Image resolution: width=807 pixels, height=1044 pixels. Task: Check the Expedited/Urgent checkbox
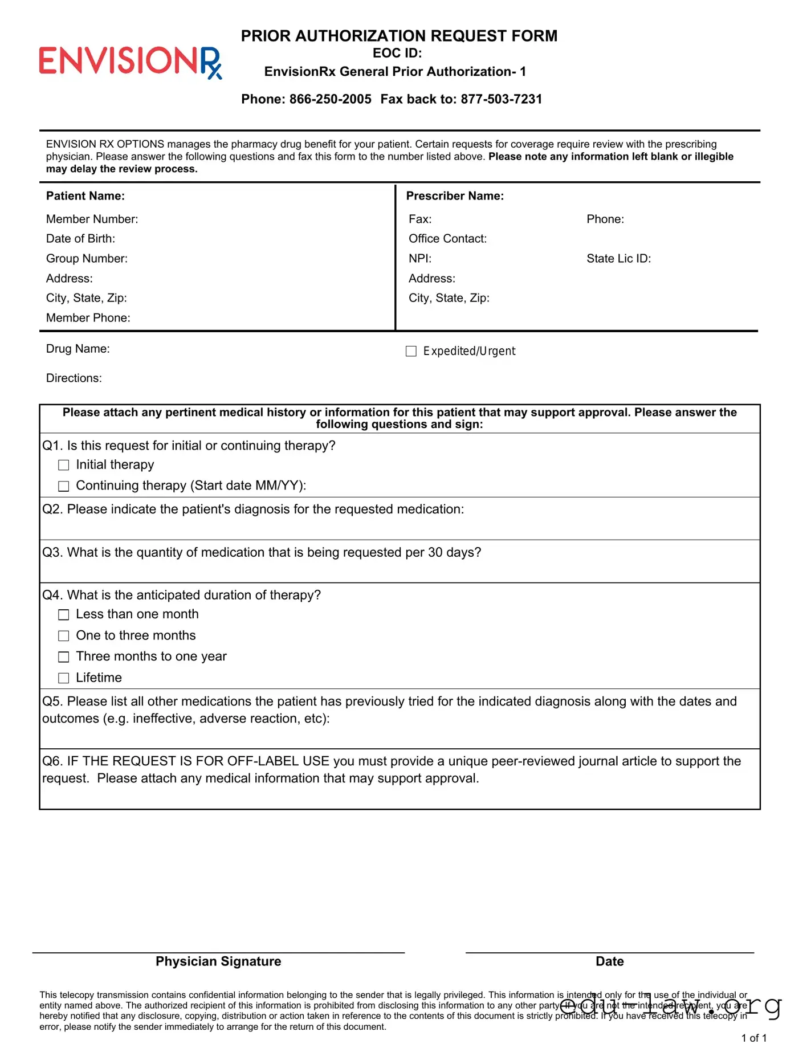point(411,351)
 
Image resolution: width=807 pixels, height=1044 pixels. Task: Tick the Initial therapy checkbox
point(64,466)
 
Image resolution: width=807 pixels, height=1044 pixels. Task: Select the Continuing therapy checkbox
point(64,486)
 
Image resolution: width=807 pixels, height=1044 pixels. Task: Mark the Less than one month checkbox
point(64,615)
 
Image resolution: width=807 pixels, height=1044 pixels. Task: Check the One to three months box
point(64,636)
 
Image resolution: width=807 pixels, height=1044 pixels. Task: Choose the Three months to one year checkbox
point(64,657)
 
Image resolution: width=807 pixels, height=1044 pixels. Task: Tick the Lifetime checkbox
point(64,678)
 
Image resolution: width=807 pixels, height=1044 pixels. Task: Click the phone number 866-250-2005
point(330,99)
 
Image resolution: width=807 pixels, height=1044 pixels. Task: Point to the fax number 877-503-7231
point(501,99)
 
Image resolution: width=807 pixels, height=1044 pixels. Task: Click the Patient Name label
point(85,196)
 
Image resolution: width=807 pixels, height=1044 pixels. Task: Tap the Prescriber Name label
point(455,196)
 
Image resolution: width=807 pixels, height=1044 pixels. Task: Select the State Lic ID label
point(618,259)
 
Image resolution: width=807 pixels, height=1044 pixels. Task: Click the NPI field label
point(420,259)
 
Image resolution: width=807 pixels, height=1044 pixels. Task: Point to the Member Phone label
point(88,318)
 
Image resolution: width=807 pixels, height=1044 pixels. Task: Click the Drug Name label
point(78,349)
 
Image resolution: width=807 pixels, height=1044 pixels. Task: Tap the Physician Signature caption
point(218,961)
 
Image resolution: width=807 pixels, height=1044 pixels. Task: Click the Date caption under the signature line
point(609,961)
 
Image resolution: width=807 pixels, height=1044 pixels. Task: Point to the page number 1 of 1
point(753,1038)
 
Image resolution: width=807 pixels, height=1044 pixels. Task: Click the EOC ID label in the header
point(397,53)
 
